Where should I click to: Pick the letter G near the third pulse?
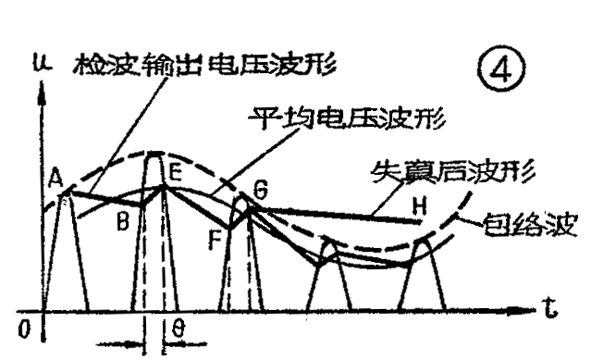pos(260,192)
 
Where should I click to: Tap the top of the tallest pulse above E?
pos(155,155)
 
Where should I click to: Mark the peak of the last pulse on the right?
pos(421,241)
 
